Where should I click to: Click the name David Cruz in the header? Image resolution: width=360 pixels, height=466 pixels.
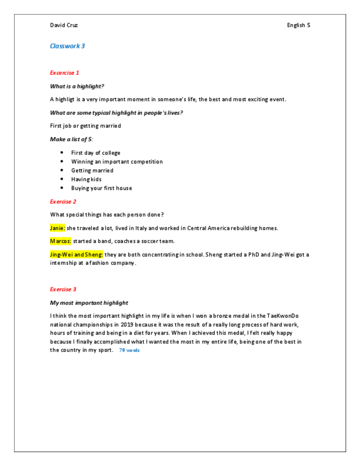tap(64, 25)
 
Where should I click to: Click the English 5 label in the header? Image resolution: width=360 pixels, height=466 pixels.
tap(298, 25)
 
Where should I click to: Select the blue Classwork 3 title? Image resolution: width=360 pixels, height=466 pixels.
tap(67, 46)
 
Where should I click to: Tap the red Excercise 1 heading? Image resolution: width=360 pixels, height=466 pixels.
tap(65, 73)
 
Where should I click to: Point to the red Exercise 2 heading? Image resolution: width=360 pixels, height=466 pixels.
tap(63, 202)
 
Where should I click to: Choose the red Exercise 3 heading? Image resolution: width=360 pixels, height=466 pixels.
tap(63, 289)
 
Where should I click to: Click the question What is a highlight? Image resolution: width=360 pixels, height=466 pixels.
tap(77, 86)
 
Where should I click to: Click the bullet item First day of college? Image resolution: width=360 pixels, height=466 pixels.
tap(96, 153)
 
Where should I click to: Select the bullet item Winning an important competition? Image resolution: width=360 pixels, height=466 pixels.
tap(117, 162)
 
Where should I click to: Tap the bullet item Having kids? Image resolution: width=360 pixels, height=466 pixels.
tap(86, 179)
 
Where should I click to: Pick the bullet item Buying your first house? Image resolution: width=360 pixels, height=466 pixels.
tap(101, 188)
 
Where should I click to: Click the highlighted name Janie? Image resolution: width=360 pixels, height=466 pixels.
tap(58, 228)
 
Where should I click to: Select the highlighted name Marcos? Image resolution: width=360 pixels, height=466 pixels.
tap(60, 241)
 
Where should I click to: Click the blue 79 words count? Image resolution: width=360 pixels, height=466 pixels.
tap(129, 350)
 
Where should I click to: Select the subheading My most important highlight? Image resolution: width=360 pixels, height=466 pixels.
tap(88, 303)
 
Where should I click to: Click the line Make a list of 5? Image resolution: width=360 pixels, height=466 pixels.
tap(71, 140)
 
